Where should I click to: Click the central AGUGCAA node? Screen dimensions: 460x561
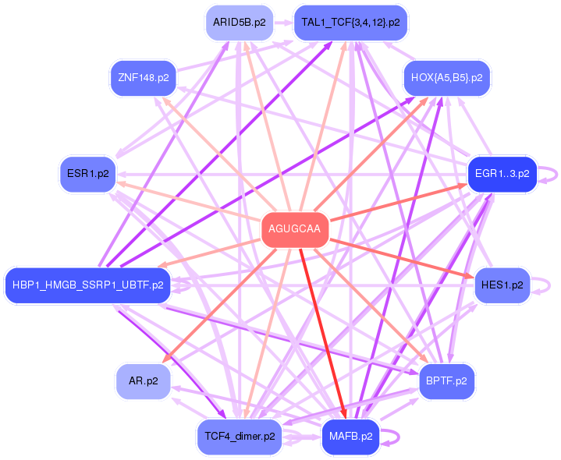pyautogui.click(x=294, y=229)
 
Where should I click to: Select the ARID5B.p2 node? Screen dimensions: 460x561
pyautogui.click(x=239, y=23)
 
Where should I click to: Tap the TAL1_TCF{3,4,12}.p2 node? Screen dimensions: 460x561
pyautogui.click(x=350, y=23)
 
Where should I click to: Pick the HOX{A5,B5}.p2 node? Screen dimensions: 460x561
pyautogui.click(x=446, y=78)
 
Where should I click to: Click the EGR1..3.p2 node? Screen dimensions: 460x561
pyautogui.click(x=501, y=174)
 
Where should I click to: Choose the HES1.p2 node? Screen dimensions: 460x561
pyautogui.click(x=502, y=285)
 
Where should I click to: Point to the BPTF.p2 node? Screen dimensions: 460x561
pyautogui.click(x=446, y=380)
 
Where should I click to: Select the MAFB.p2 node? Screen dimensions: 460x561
pyautogui.click(x=350, y=436)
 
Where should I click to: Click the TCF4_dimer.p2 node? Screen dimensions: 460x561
pyautogui.click(x=239, y=436)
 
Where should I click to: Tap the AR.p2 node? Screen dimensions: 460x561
pyautogui.click(x=143, y=380)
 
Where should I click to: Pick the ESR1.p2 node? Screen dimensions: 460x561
pyautogui.click(x=87, y=174)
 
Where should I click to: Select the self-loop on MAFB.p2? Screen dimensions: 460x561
pyautogui.click(x=395, y=436)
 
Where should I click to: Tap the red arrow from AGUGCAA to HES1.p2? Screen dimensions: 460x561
pyautogui.click(x=398, y=257)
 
